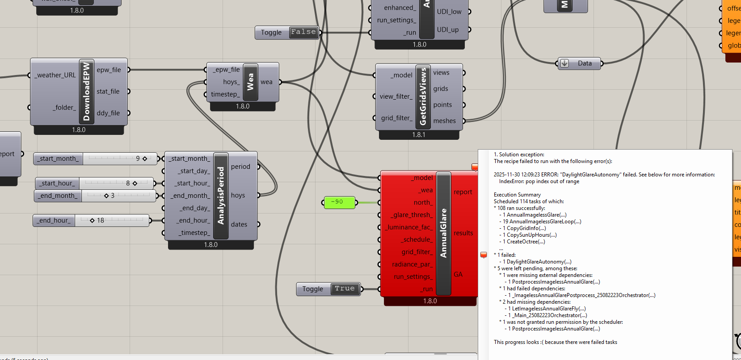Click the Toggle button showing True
click(344, 289)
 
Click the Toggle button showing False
click(303, 32)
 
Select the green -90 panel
click(339, 202)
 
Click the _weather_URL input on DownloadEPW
click(56, 75)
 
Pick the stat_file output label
click(108, 92)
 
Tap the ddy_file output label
click(108, 113)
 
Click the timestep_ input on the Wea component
click(225, 94)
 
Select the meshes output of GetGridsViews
click(444, 121)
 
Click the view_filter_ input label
click(396, 96)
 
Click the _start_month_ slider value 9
click(138, 159)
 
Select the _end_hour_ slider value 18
click(101, 220)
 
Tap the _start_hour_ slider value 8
click(128, 183)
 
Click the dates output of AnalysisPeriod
click(239, 224)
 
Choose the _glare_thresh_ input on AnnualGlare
click(412, 215)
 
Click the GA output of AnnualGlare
click(458, 274)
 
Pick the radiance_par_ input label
click(412, 264)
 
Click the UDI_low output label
click(449, 12)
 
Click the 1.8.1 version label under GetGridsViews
click(419, 134)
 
